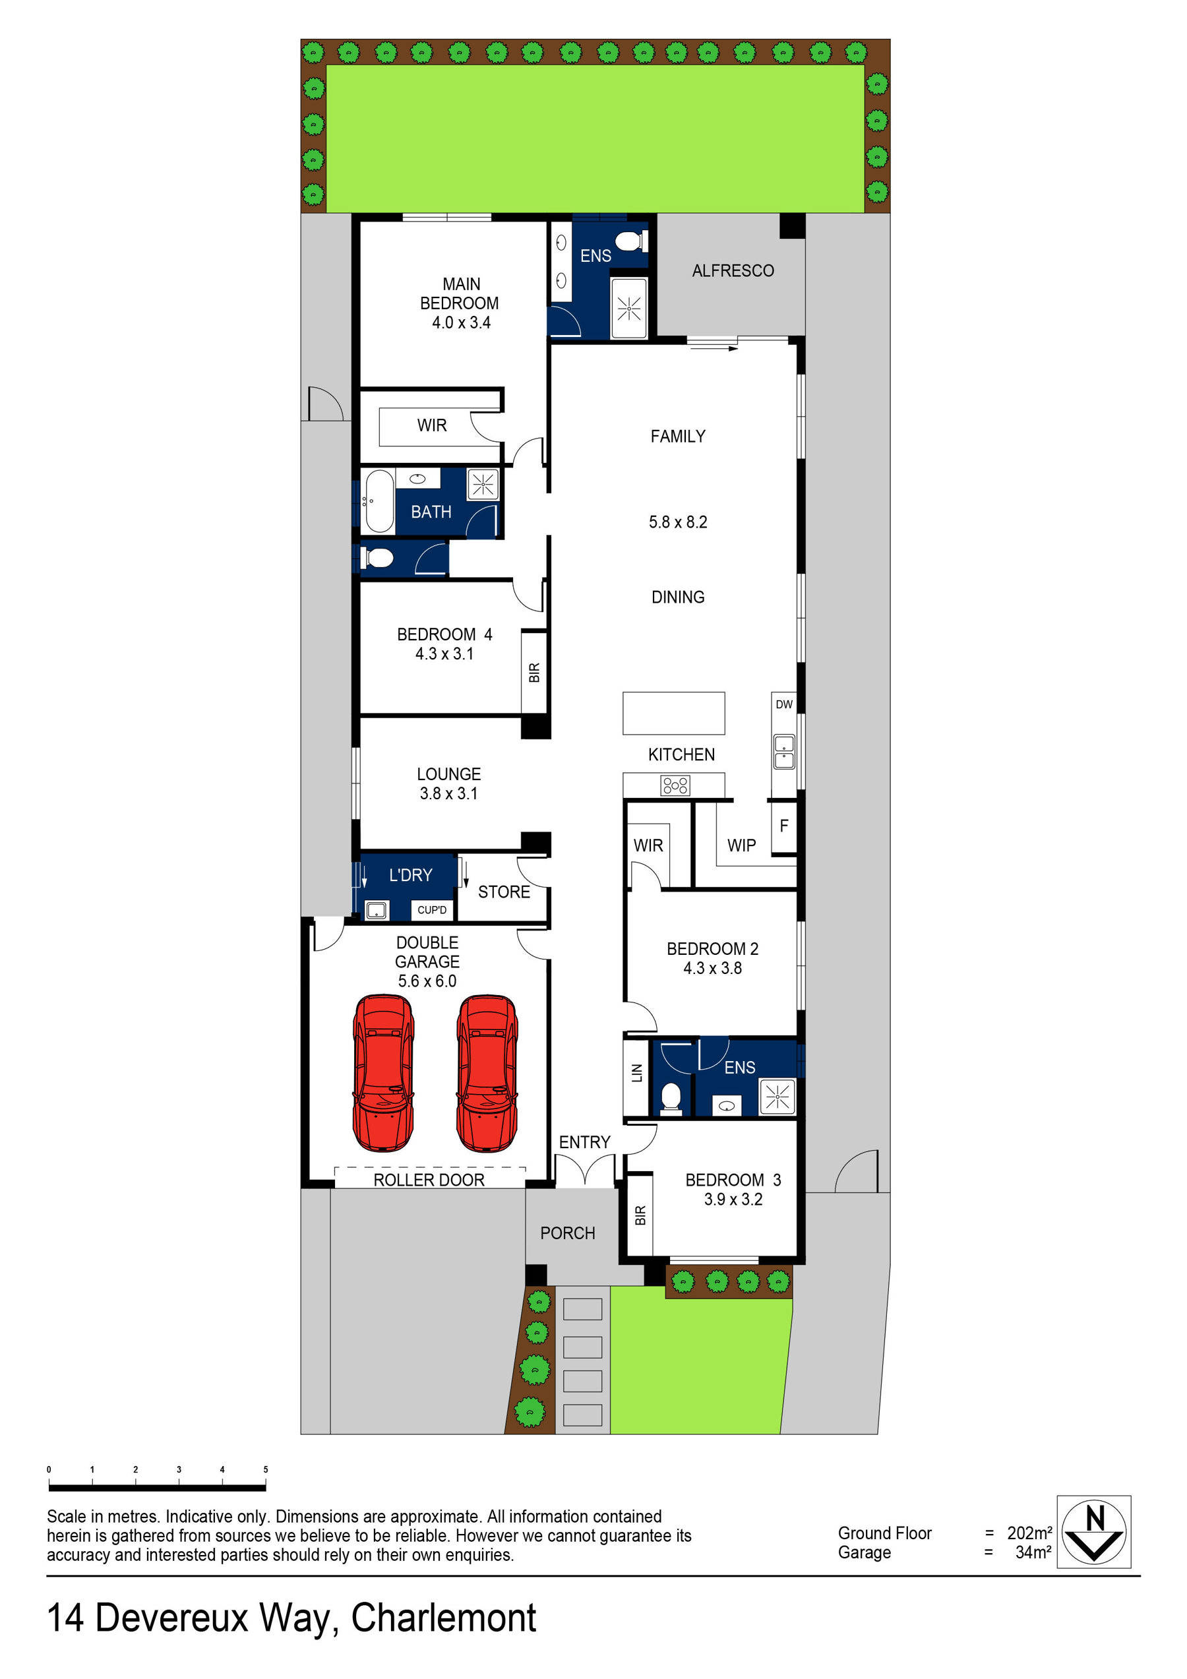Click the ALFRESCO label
[732, 270]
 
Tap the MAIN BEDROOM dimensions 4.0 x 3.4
[461, 322]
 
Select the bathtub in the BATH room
[379, 501]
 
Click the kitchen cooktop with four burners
[675, 785]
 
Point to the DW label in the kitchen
[783, 704]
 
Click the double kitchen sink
[783, 751]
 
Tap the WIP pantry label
[741, 845]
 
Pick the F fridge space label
[783, 826]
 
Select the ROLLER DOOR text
[429, 1180]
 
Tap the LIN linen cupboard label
[636, 1073]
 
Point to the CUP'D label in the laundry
[431, 909]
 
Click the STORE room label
[504, 892]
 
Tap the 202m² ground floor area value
[1029, 1533]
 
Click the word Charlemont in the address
[443, 1618]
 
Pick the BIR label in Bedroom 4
[534, 673]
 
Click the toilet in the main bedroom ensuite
[630, 241]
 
